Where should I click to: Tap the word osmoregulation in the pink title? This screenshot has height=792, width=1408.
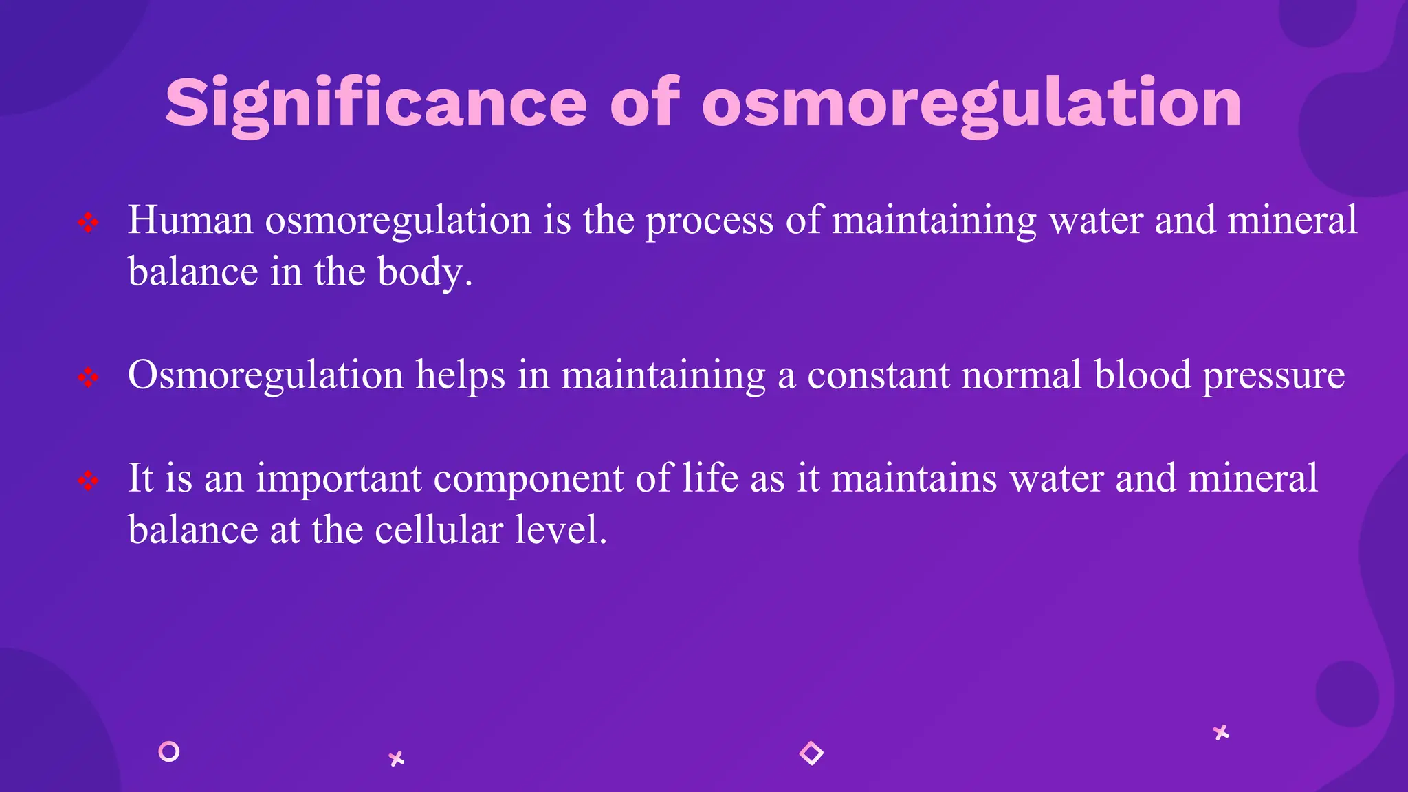[971, 103]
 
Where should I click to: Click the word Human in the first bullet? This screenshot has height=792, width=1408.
[190, 221]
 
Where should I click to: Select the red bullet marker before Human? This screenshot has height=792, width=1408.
[88, 223]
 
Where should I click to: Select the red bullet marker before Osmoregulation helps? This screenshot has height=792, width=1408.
[88, 377]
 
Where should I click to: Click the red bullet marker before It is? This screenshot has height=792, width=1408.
[88, 481]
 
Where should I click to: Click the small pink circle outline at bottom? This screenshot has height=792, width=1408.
[168, 751]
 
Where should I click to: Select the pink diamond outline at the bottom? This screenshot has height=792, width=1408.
[811, 753]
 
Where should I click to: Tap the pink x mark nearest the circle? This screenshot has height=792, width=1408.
[397, 759]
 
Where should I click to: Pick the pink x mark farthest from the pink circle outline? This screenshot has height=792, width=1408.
[1221, 733]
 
